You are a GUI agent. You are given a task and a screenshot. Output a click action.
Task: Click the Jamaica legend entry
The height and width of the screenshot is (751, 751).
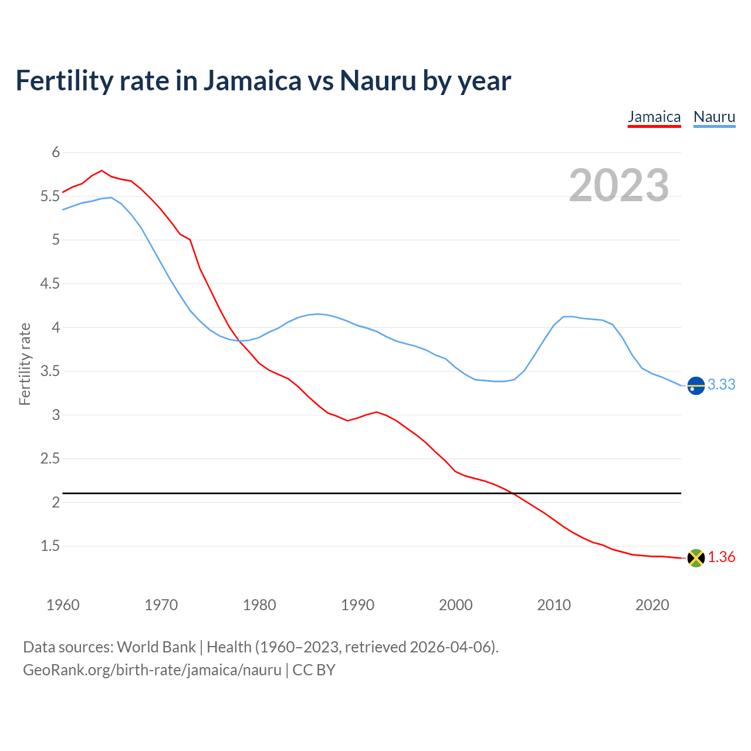tap(654, 117)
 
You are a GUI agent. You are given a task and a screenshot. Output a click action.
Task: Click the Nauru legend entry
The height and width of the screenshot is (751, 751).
tap(714, 117)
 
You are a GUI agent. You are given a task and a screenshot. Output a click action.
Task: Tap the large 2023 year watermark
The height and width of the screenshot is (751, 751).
tap(619, 185)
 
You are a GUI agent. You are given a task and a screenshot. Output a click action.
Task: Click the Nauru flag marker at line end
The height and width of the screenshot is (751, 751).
tap(696, 385)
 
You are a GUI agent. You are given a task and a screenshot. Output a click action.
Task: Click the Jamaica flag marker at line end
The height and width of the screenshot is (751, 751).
tap(696, 558)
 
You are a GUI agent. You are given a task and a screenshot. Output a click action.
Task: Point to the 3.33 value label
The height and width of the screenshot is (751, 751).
tap(721, 384)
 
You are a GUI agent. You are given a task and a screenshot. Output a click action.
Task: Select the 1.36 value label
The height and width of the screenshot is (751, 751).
tap(721, 557)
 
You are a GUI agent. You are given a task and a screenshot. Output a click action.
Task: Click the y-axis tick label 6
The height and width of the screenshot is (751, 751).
tap(56, 153)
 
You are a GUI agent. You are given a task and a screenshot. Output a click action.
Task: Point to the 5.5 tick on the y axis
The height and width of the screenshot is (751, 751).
tap(50, 196)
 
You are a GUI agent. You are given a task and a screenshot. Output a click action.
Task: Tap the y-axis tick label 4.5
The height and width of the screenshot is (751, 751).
tap(50, 284)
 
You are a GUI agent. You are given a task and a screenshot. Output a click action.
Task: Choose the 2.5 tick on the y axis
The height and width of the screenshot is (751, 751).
tap(50, 459)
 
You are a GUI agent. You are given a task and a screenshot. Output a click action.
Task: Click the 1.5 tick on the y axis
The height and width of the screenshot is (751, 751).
tap(50, 546)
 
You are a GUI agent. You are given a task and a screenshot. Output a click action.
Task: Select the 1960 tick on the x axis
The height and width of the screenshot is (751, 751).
tap(63, 605)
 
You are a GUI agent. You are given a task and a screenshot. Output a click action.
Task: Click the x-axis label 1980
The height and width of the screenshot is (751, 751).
tap(259, 605)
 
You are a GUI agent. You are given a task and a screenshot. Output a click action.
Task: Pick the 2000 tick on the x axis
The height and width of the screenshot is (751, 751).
tap(455, 605)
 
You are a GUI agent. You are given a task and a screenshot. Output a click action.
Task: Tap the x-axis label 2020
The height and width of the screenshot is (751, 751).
tap(652, 605)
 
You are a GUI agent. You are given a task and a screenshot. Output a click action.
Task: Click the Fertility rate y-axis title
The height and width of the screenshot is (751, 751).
tap(25, 364)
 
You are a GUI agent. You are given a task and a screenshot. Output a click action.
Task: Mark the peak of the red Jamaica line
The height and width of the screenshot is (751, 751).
tap(102, 171)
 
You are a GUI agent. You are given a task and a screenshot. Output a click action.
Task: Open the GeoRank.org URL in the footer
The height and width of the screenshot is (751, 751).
tap(152, 670)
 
